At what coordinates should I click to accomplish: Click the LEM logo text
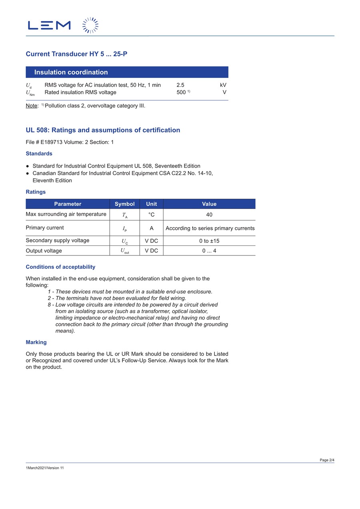(x=49, y=26)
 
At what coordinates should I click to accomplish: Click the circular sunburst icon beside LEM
(x=90, y=25)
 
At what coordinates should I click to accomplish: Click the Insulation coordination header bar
(x=127, y=72)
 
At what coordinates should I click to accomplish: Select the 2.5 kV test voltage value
(x=180, y=85)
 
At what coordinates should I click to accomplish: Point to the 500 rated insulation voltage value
(x=181, y=92)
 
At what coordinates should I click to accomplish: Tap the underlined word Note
(x=32, y=106)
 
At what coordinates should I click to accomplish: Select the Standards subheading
(x=39, y=154)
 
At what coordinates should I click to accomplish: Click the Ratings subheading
(x=36, y=192)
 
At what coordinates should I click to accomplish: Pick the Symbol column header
(x=124, y=204)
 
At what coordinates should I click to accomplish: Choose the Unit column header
(x=151, y=204)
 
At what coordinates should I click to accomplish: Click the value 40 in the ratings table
(x=209, y=215)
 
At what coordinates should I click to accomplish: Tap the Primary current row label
(x=45, y=228)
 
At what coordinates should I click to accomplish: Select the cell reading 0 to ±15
(x=209, y=241)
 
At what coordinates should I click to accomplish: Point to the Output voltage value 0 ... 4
(x=209, y=251)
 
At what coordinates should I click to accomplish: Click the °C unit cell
(x=151, y=215)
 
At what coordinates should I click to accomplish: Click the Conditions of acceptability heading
(x=60, y=267)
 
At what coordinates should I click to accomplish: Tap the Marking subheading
(x=36, y=342)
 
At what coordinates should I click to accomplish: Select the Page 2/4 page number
(x=327, y=460)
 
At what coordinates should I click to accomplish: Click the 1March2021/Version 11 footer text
(x=45, y=468)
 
